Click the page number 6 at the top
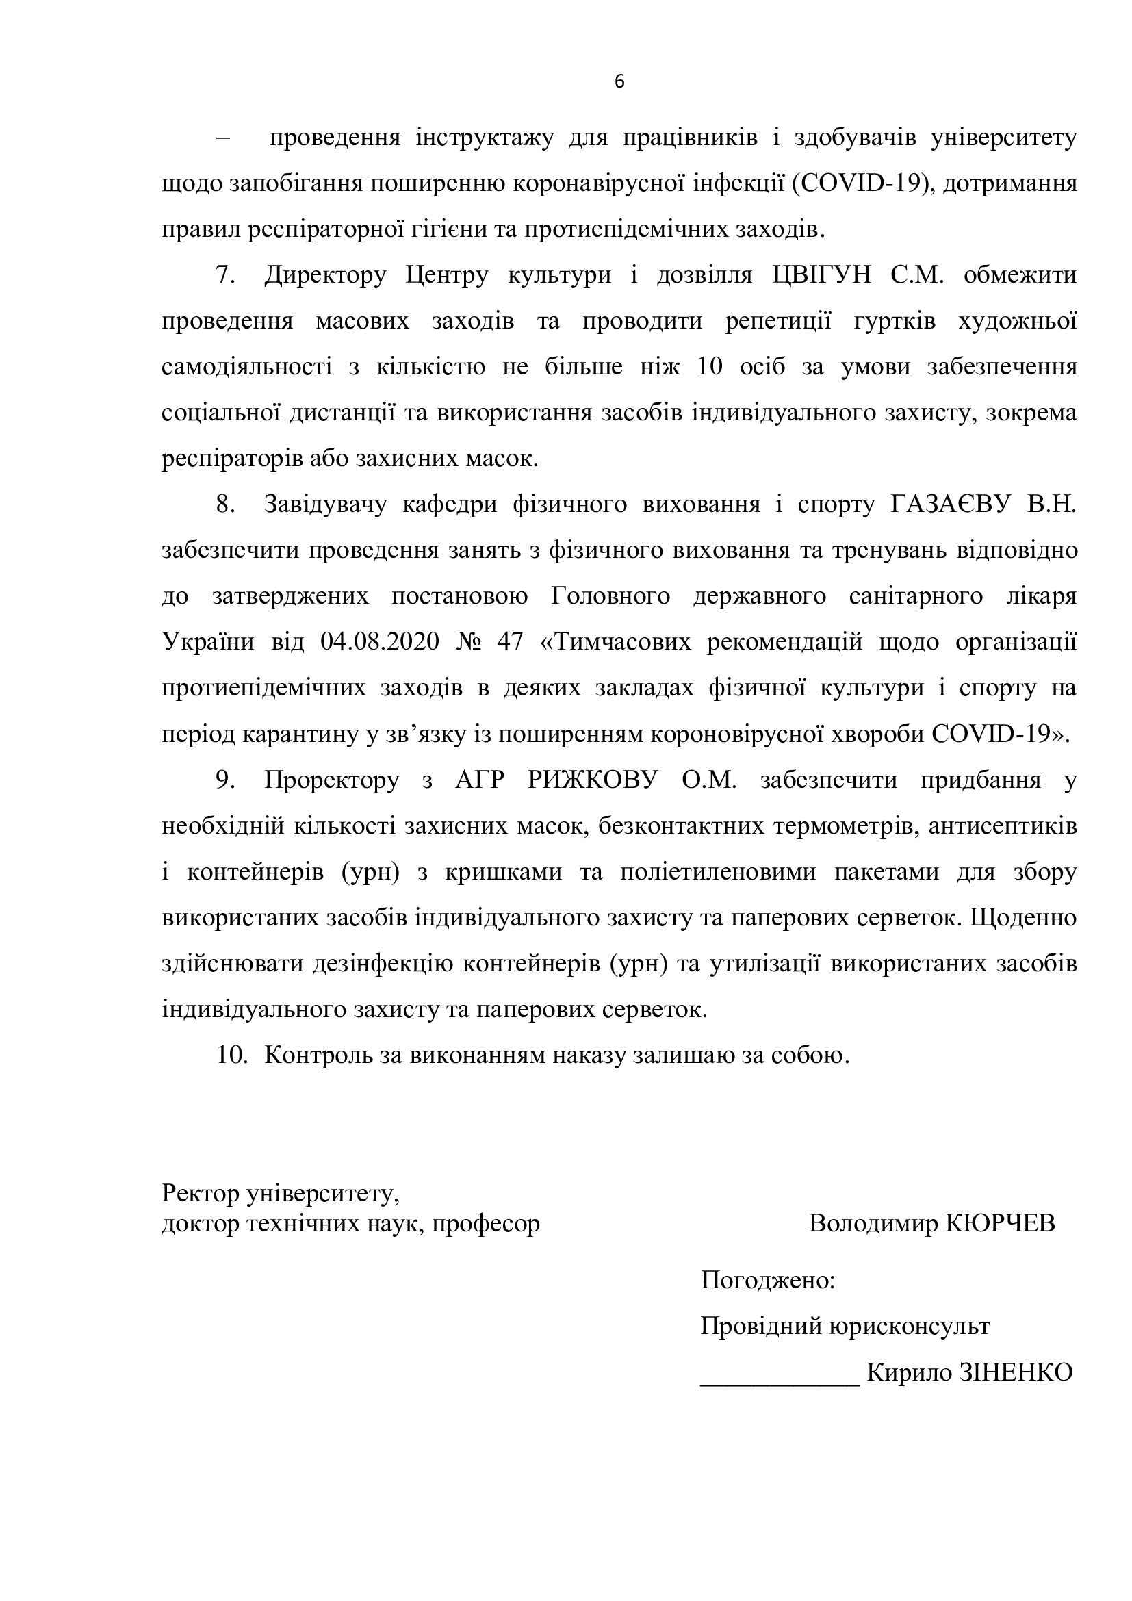[x=619, y=82]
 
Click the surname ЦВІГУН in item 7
[x=822, y=275]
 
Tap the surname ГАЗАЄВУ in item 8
[x=949, y=504]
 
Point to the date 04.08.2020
[x=380, y=641]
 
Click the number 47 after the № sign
[x=510, y=641]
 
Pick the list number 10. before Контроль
[x=232, y=1055]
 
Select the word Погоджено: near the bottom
[x=767, y=1279]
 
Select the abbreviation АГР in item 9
[x=479, y=780]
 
